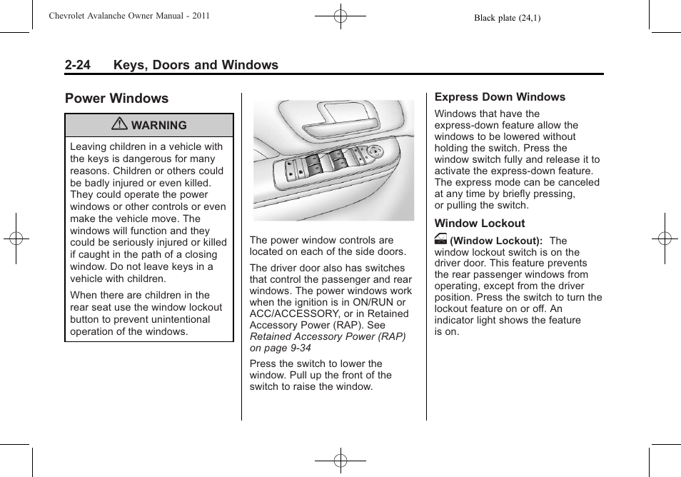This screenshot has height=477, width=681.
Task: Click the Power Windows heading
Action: (x=116, y=99)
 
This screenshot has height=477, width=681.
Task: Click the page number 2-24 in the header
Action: (x=77, y=65)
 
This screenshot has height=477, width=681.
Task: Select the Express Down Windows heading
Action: (x=500, y=97)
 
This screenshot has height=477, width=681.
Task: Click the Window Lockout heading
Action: (x=479, y=224)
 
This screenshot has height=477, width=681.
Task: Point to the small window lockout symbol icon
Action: (x=440, y=241)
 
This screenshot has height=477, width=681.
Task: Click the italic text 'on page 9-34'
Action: (x=281, y=348)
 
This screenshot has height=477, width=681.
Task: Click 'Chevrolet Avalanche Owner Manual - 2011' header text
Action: (x=129, y=16)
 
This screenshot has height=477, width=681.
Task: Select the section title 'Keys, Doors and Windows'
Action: (x=195, y=65)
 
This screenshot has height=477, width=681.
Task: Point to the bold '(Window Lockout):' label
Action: (x=496, y=241)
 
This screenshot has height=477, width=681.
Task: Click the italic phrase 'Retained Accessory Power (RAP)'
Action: (x=328, y=336)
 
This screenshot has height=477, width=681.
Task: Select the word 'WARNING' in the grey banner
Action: (x=158, y=125)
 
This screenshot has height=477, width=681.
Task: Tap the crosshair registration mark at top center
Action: (x=340, y=15)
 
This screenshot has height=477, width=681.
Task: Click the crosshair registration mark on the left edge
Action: (x=16, y=239)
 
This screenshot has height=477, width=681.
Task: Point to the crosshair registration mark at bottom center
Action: (x=340, y=461)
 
